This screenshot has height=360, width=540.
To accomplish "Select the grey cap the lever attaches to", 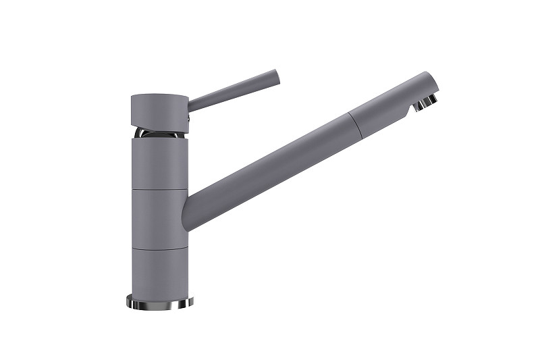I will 159,110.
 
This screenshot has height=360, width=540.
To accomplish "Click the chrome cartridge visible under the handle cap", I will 159,132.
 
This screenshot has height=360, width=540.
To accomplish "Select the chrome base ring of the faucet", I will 159,302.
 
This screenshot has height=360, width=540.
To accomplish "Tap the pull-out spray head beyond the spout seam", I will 388,108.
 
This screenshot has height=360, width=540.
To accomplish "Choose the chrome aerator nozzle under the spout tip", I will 425,103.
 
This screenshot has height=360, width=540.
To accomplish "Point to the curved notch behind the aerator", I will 411,107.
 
